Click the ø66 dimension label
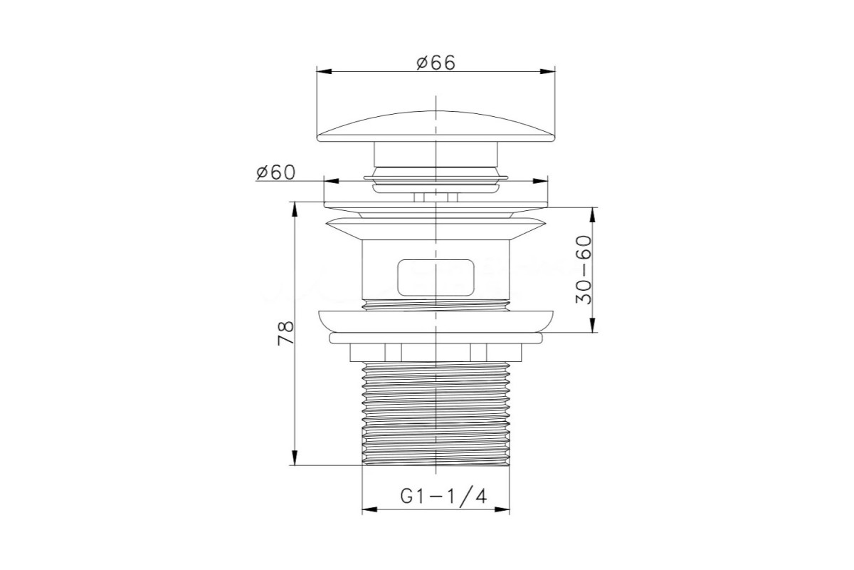coord(436,63)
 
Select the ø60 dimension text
coord(275,172)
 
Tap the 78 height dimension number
coord(286,333)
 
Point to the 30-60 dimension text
coord(584,269)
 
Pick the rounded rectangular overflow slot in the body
coord(436,278)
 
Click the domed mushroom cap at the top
coord(436,126)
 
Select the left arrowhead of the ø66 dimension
coord(324,71)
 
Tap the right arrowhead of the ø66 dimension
coord(547,71)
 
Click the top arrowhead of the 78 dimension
coord(295,209)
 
